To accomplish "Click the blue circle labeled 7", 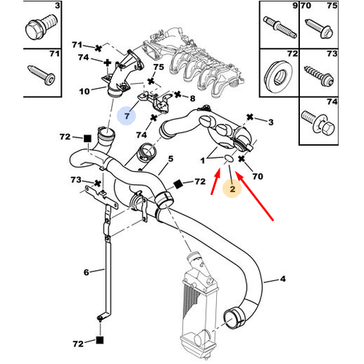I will click(x=127, y=116).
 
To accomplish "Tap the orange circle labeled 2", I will click(x=232, y=189).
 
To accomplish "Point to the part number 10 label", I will click(x=84, y=91).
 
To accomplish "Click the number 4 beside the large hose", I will click(x=285, y=278).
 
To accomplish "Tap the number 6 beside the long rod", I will click(x=86, y=272).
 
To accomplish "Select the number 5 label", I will click(x=171, y=158).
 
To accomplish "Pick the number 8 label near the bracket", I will click(x=192, y=97).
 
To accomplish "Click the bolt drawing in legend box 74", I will click(x=318, y=124).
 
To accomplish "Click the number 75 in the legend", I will click(x=331, y=7).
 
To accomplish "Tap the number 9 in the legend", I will click(x=274, y=7).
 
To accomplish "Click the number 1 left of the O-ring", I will click(x=204, y=159).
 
